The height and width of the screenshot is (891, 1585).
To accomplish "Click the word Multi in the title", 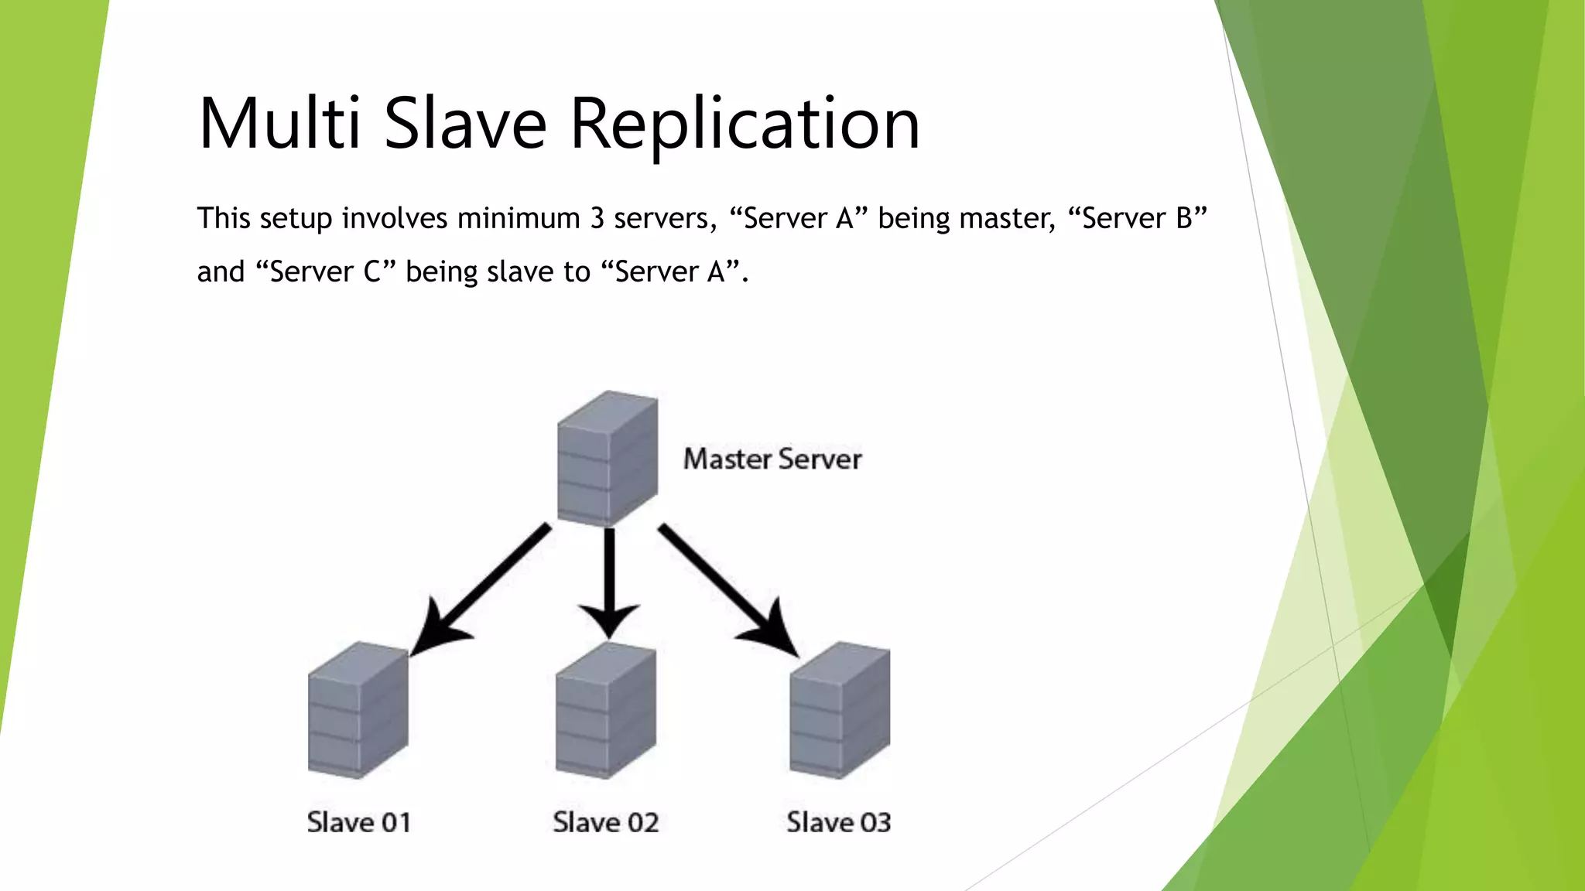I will click(x=279, y=124).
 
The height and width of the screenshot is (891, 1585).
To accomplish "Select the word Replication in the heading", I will click(x=745, y=124).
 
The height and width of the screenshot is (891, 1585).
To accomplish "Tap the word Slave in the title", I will click(x=465, y=124).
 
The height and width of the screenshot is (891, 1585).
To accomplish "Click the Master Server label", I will click(x=772, y=459).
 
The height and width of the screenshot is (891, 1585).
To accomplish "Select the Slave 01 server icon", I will click(x=358, y=709).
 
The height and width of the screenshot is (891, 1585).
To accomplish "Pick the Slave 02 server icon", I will click(x=606, y=709).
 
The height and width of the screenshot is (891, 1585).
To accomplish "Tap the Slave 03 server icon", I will click(x=840, y=709).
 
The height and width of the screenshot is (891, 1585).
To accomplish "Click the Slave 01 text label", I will click(x=358, y=822).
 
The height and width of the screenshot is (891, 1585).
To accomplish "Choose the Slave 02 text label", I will click(x=606, y=822).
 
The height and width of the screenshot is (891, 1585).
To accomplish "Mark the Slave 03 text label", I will click(x=839, y=822).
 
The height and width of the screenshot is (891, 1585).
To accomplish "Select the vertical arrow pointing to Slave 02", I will click(x=609, y=580).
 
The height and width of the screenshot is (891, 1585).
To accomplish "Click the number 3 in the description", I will click(x=597, y=219).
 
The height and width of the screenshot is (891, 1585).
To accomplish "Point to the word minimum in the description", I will click(x=519, y=219).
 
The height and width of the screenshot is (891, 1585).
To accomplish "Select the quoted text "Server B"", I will click(x=1137, y=219).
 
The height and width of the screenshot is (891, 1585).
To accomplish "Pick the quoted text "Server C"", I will click(x=325, y=272).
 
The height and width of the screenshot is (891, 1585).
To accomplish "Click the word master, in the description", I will click(x=1007, y=219).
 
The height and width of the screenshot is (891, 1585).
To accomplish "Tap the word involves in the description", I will click(x=395, y=219).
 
